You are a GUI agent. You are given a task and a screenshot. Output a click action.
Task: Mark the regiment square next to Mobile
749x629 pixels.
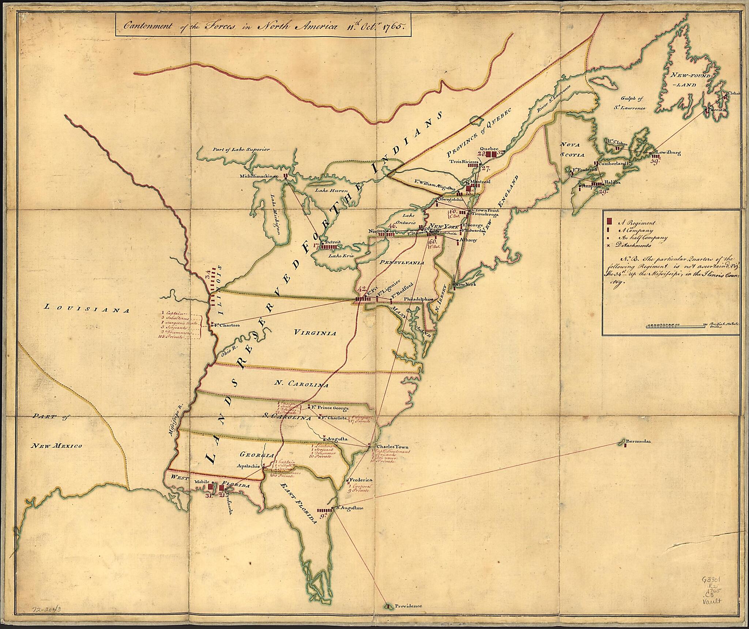211,487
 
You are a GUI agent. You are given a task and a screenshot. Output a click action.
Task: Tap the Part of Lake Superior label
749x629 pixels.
241,149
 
